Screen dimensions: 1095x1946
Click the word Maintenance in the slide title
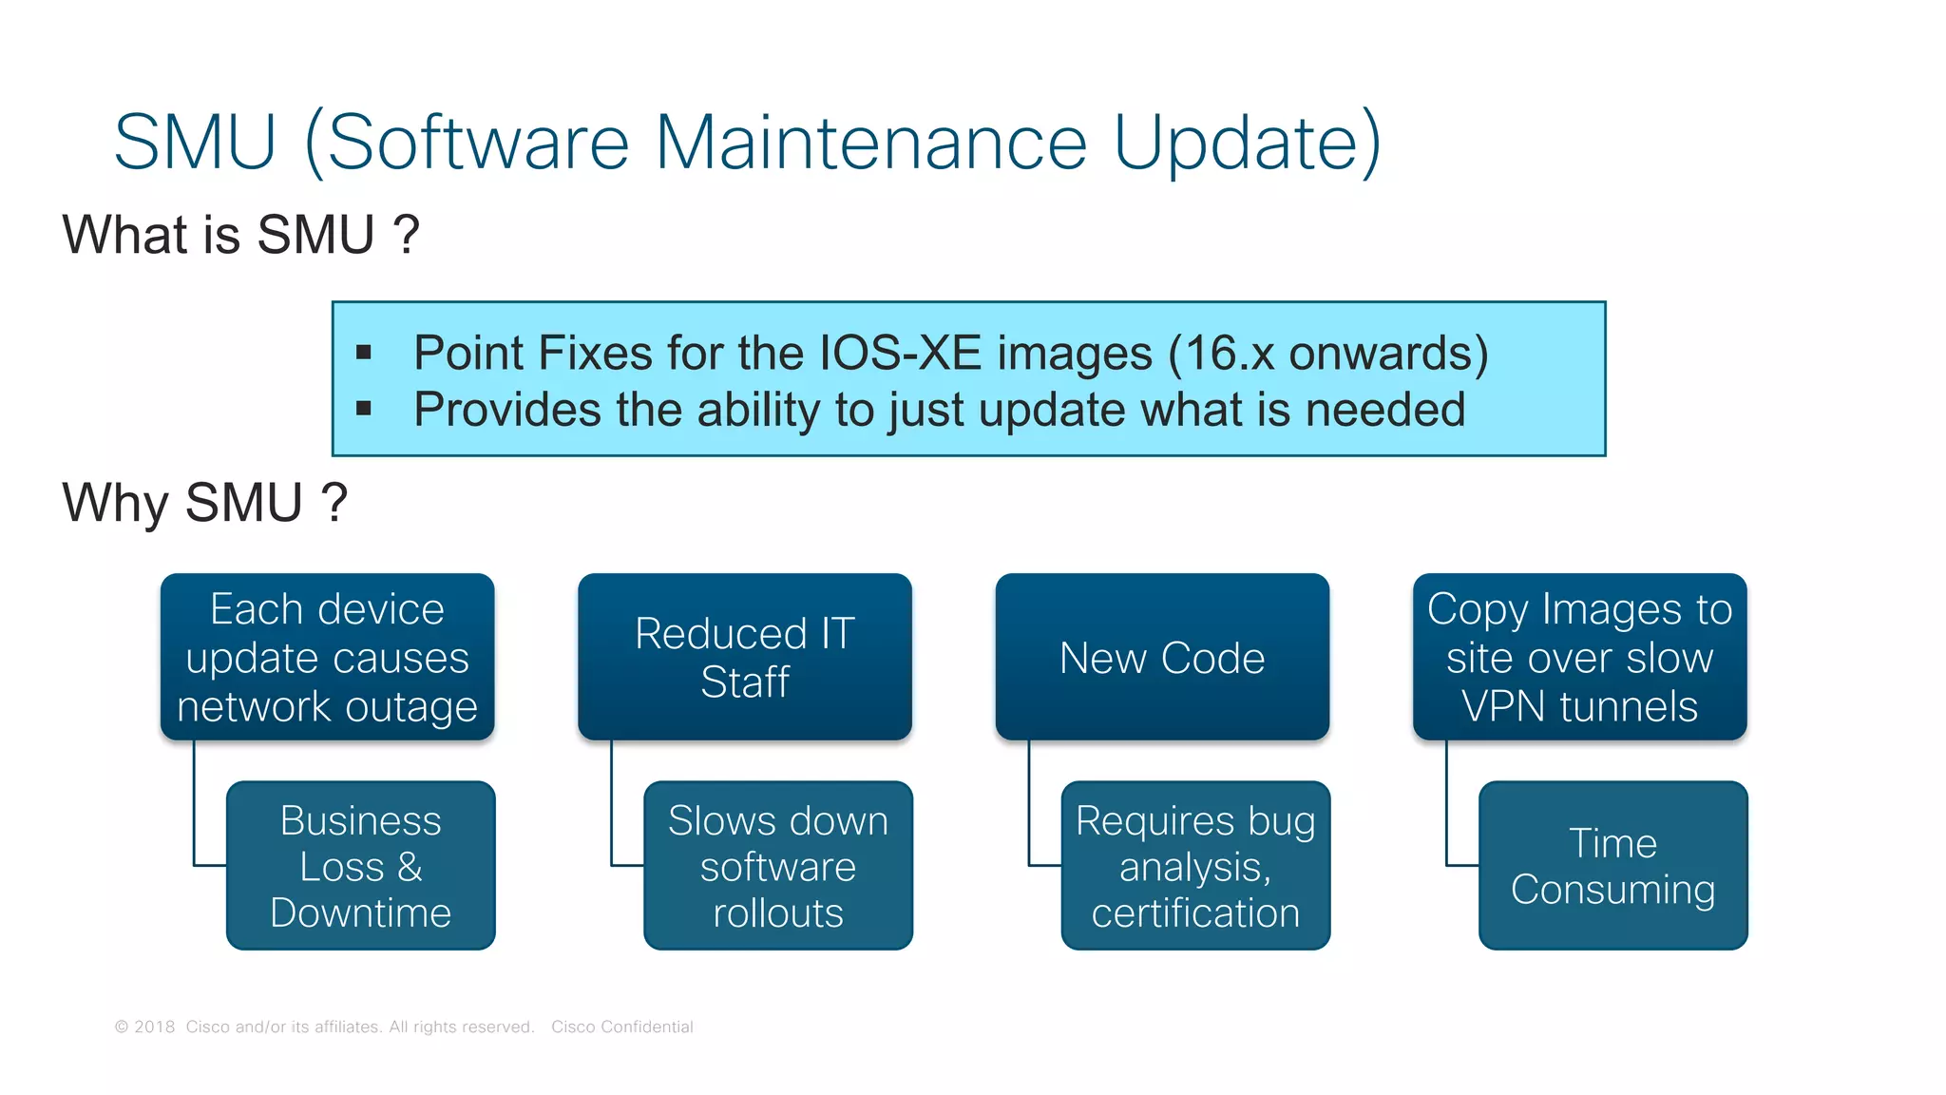[x=870, y=143]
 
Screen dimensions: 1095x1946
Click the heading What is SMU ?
[x=240, y=235]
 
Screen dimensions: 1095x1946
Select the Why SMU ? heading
[x=204, y=503]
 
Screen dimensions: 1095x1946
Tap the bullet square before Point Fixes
[x=364, y=354]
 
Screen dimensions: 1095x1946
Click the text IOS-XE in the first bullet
[x=900, y=354]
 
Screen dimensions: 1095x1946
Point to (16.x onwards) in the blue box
[x=1327, y=354]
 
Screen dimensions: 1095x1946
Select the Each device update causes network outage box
[x=327, y=657]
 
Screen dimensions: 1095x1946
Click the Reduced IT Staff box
[x=744, y=657]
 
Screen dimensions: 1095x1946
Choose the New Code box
[x=1161, y=657]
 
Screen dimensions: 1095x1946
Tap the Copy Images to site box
[x=1579, y=657]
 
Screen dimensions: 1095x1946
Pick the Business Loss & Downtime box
[x=360, y=866]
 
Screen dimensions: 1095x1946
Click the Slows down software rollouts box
[x=777, y=866]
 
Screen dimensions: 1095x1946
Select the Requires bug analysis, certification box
[x=1194, y=866]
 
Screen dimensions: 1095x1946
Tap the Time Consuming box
[x=1612, y=866]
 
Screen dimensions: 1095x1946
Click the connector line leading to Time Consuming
[x=1447, y=808]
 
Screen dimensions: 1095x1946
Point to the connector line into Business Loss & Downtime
[x=195, y=808]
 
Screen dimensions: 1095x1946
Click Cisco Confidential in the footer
[x=621, y=1027]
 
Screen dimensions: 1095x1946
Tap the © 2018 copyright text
[x=145, y=1027]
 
